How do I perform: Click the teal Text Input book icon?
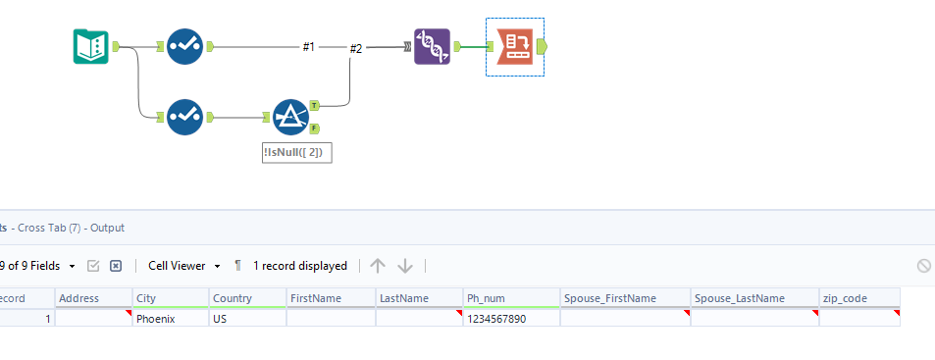pyautogui.click(x=91, y=46)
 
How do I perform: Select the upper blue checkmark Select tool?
pyautogui.click(x=184, y=46)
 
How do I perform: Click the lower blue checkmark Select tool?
pyautogui.click(x=184, y=117)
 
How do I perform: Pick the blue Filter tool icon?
pyautogui.click(x=289, y=118)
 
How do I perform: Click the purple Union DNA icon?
pyautogui.click(x=432, y=46)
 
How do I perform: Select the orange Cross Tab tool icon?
pyautogui.click(x=515, y=46)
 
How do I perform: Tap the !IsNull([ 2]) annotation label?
pyautogui.click(x=297, y=153)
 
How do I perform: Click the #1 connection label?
pyautogui.click(x=309, y=47)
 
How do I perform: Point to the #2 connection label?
pyautogui.click(x=356, y=49)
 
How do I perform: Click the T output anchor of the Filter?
pyautogui.click(x=314, y=104)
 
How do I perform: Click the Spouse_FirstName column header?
pyautogui.click(x=608, y=298)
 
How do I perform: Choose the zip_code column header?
pyautogui.click(x=846, y=298)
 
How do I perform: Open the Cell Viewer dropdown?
pyautogui.click(x=184, y=266)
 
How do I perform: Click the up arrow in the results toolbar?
pyautogui.click(x=378, y=266)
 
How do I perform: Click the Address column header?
pyautogui.click(x=78, y=298)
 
